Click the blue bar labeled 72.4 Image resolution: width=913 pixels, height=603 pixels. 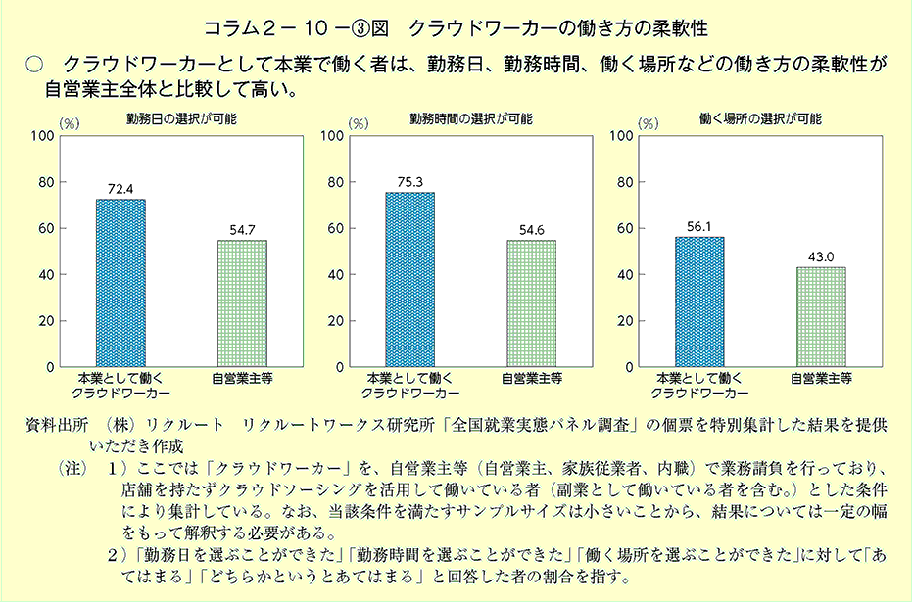point(120,283)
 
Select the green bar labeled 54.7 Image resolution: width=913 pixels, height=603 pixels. point(241,303)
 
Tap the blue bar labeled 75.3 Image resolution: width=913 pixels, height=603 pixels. point(409,279)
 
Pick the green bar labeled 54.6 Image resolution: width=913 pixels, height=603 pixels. point(531,303)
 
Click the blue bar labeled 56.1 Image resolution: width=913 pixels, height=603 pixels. point(699,301)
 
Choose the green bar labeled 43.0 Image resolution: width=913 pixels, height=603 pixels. point(820,317)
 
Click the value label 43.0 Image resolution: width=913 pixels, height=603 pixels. point(820,256)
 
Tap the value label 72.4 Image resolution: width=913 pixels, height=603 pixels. point(120,188)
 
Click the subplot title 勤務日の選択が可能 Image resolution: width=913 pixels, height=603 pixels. point(180,118)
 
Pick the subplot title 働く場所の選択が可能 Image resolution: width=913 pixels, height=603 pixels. point(760,118)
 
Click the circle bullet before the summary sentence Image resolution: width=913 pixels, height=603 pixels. point(35,65)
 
